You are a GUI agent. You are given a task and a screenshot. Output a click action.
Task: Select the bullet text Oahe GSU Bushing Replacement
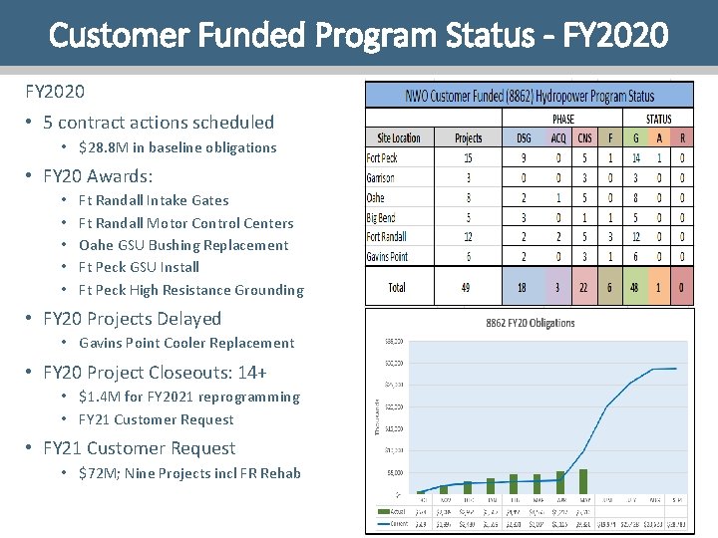click(183, 245)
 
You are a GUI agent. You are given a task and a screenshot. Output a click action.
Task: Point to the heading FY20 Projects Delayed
click(132, 319)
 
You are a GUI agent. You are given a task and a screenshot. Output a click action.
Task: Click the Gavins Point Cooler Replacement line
click(185, 343)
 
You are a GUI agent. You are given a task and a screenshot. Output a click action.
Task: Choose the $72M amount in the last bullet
click(93, 473)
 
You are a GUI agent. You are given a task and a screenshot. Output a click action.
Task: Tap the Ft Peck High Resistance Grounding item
click(190, 290)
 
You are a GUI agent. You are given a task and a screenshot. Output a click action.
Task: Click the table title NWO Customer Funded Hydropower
click(530, 96)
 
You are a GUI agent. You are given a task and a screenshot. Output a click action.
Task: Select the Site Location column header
click(399, 138)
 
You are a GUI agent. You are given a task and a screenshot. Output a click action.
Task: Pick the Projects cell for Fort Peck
click(468, 157)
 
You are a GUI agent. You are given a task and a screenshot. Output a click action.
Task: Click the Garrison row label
click(381, 177)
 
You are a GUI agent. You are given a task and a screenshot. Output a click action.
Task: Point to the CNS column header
click(584, 138)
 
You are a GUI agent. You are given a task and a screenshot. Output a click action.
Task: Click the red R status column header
click(682, 138)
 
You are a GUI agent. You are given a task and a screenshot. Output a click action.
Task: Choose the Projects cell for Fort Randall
click(468, 237)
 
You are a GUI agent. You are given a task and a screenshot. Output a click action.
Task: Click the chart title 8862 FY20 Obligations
click(531, 323)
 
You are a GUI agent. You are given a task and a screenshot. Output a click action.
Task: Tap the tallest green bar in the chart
click(583, 481)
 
